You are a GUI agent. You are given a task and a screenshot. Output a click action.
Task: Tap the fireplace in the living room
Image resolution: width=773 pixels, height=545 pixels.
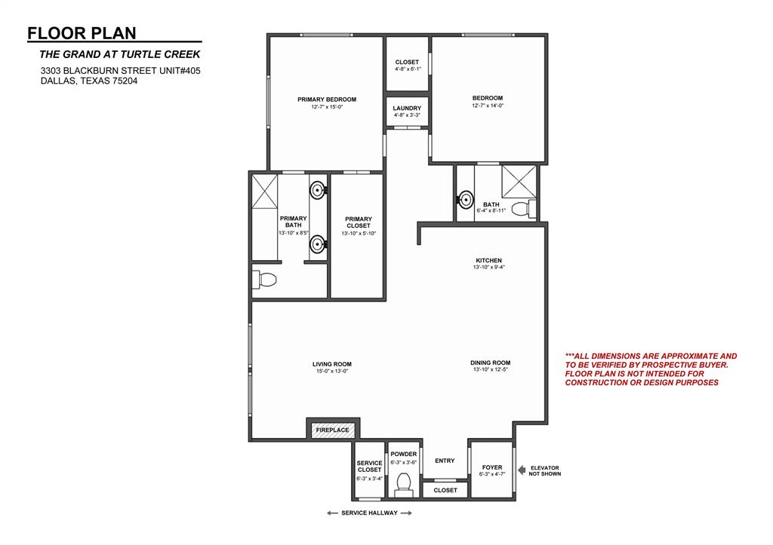332,430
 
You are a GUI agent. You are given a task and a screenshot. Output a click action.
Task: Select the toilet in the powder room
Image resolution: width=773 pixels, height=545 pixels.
403,483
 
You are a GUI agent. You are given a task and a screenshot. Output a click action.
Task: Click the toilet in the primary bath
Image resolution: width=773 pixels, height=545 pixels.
266,280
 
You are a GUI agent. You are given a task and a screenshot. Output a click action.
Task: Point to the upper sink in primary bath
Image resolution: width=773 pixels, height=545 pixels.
318,188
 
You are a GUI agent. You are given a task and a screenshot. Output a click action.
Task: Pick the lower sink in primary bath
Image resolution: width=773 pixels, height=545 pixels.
318,243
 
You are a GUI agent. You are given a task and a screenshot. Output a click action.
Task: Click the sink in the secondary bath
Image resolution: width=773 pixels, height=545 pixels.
466,201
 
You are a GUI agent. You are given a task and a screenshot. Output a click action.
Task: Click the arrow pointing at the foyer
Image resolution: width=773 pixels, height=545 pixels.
522,470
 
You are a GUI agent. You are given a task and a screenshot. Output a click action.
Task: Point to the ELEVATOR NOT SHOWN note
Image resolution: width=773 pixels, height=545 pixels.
545,470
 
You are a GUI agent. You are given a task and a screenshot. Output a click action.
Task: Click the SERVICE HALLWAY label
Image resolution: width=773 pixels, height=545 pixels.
369,513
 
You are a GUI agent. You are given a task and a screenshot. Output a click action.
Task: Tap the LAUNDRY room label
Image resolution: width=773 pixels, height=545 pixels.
407,109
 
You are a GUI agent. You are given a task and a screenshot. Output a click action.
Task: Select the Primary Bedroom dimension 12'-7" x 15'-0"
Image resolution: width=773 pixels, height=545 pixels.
326,107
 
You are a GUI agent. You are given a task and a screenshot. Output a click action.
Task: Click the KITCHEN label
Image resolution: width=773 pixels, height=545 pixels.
487,261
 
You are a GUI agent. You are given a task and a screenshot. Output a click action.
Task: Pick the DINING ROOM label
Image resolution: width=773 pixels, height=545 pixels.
490,363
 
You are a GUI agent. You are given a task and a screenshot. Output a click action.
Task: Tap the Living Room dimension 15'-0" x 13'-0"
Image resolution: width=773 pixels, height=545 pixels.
332,371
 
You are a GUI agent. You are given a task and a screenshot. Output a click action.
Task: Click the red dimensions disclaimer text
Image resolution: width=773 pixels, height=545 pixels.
651,369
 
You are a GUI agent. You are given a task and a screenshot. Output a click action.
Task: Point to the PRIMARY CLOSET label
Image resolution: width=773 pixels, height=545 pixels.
358,222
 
